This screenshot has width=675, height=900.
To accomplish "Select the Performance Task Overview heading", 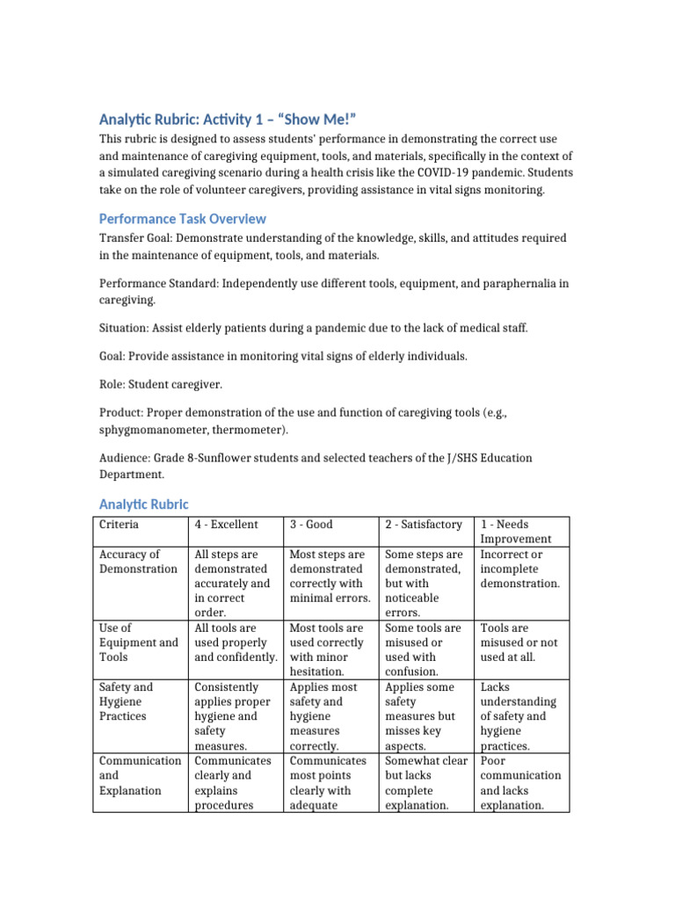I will [182, 218].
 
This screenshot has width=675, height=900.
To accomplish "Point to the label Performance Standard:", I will [157, 283].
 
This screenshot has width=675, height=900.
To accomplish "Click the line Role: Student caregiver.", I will [162, 384].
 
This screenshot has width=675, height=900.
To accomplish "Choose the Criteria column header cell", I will [119, 525].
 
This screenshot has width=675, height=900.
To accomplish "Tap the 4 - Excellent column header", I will [226, 525].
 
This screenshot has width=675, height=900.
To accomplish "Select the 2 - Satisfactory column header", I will [424, 525].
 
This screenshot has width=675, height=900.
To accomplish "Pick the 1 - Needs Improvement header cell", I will [516, 532].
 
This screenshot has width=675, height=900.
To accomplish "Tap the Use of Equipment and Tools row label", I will [138, 642].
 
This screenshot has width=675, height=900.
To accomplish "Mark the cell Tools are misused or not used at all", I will [519, 642].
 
